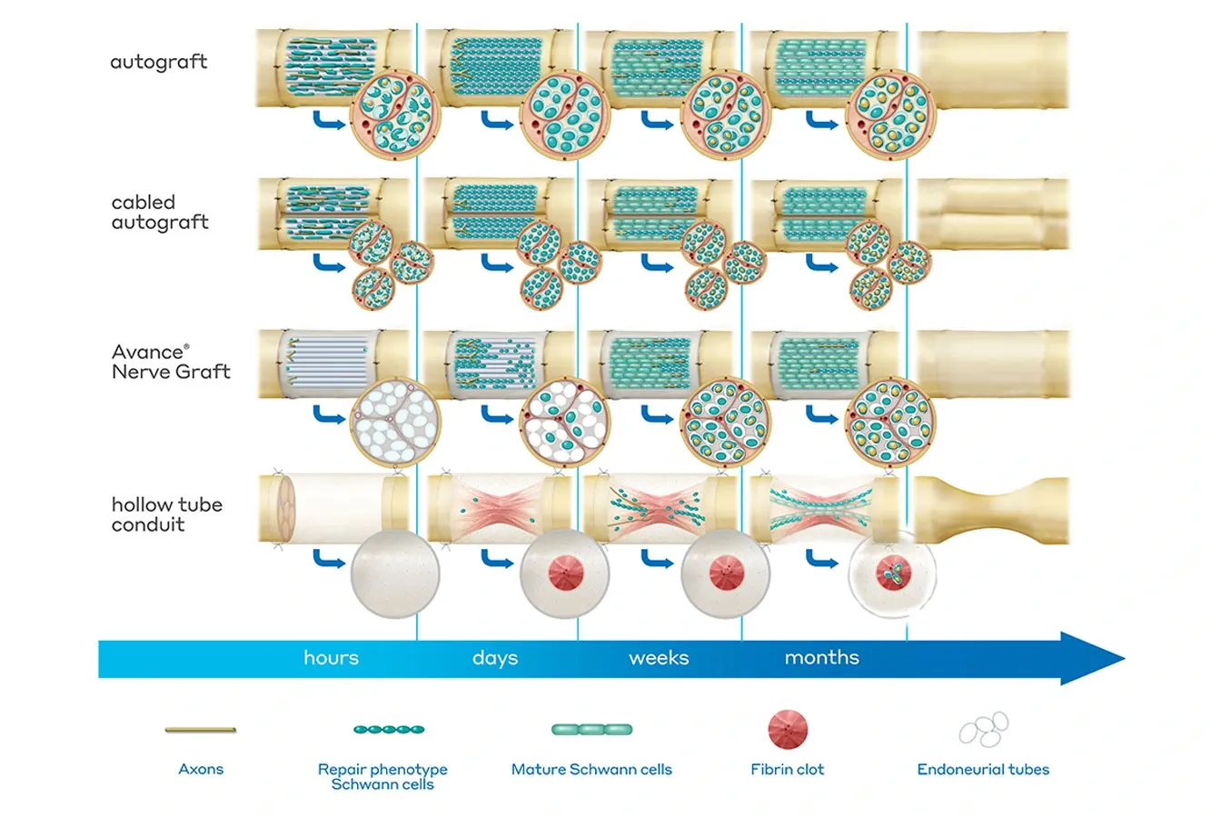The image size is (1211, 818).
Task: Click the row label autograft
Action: pos(159,63)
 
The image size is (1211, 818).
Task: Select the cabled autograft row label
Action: pos(160,213)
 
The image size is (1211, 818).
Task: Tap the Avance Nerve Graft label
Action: pos(171,362)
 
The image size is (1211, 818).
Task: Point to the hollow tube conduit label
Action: pos(166,514)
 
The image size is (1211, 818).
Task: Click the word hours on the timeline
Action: pos(331,657)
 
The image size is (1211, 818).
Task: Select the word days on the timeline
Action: pos(495,657)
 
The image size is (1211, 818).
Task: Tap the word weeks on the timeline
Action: pos(659,657)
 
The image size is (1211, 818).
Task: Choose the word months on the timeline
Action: pos(821,657)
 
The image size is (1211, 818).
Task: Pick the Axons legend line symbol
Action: pos(201,729)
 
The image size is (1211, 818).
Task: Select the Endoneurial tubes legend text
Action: pos(983,769)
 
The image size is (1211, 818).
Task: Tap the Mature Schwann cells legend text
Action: pos(591,769)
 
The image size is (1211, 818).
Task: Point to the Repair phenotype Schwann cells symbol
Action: pos(389,729)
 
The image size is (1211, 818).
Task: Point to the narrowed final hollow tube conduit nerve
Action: pos(991,511)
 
